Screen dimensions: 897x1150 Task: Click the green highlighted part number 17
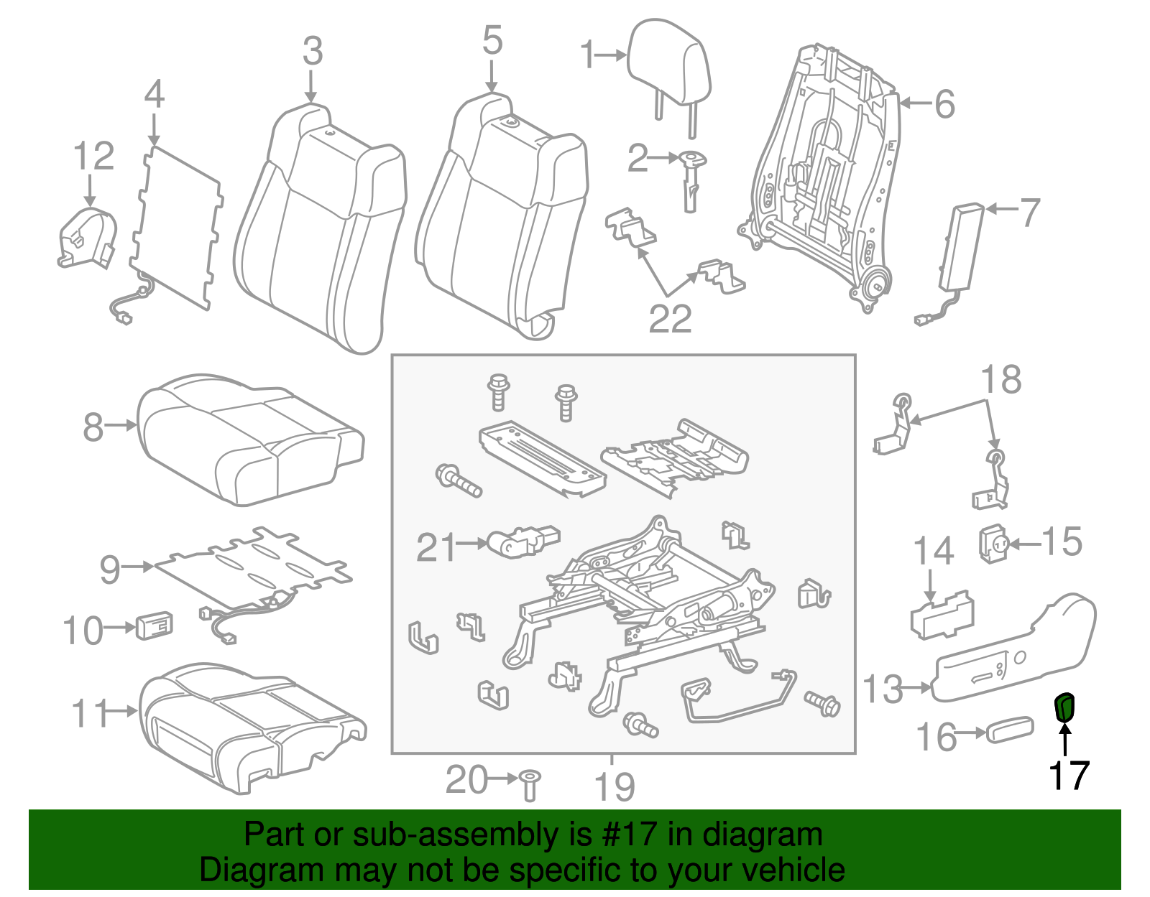[1064, 707]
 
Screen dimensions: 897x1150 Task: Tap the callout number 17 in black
[1069, 776]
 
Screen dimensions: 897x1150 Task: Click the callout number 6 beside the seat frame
[944, 104]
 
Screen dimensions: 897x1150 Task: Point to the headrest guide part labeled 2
[691, 180]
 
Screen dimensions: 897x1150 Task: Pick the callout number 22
[670, 319]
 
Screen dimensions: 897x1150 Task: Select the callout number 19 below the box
[615, 787]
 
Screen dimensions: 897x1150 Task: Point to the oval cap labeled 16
[1010, 730]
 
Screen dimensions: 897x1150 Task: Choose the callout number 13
[883, 689]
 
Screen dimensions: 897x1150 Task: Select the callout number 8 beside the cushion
[93, 427]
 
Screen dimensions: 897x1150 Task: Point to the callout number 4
[155, 95]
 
